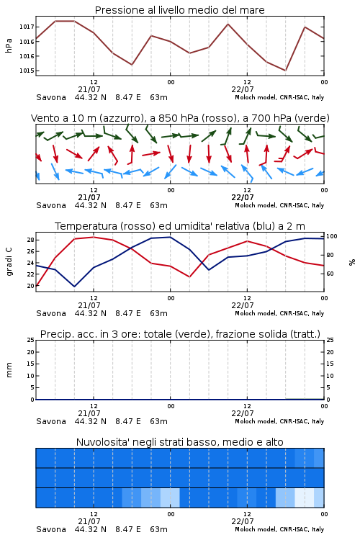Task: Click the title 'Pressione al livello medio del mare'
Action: (179, 10)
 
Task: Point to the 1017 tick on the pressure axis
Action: (27, 27)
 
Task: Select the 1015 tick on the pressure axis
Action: (27, 71)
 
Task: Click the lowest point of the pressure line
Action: (285, 71)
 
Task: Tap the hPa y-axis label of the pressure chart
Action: (9, 45)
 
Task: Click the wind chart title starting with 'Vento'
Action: (180, 118)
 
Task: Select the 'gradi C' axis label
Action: (9, 262)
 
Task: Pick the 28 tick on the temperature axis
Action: (30, 240)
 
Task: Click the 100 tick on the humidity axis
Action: (332, 236)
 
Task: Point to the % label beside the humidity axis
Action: (352, 262)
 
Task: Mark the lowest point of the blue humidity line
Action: (74, 287)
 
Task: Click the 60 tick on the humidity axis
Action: (330, 274)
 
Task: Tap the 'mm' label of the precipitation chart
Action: (9, 370)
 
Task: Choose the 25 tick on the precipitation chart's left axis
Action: (31, 340)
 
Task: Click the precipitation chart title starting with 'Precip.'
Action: (180, 334)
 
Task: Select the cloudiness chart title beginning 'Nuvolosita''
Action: (179, 442)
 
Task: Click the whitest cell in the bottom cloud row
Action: (305, 498)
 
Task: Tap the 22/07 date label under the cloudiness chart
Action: (243, 521)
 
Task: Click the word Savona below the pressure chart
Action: (51, 97)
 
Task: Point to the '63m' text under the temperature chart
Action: (159, 313)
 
